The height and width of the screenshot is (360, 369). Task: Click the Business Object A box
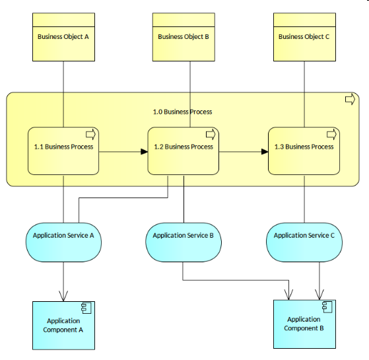(63, 37)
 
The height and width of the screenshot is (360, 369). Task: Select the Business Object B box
(184, 37)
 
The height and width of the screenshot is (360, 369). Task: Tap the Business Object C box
(304, 37)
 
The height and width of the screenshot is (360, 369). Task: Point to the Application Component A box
(63, 325)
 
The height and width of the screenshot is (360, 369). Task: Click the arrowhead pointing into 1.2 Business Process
(143, 152)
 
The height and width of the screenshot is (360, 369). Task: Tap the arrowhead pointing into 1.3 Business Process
(264, 152)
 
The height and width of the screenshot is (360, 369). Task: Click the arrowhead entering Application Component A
(64, 297)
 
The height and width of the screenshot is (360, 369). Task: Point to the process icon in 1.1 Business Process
(90, 135)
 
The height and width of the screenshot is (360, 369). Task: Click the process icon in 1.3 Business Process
(331, 135)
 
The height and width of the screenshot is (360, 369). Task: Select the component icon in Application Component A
(86, 308)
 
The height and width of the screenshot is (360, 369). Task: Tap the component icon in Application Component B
(327, 306)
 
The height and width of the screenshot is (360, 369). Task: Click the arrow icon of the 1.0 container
(351, 100)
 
